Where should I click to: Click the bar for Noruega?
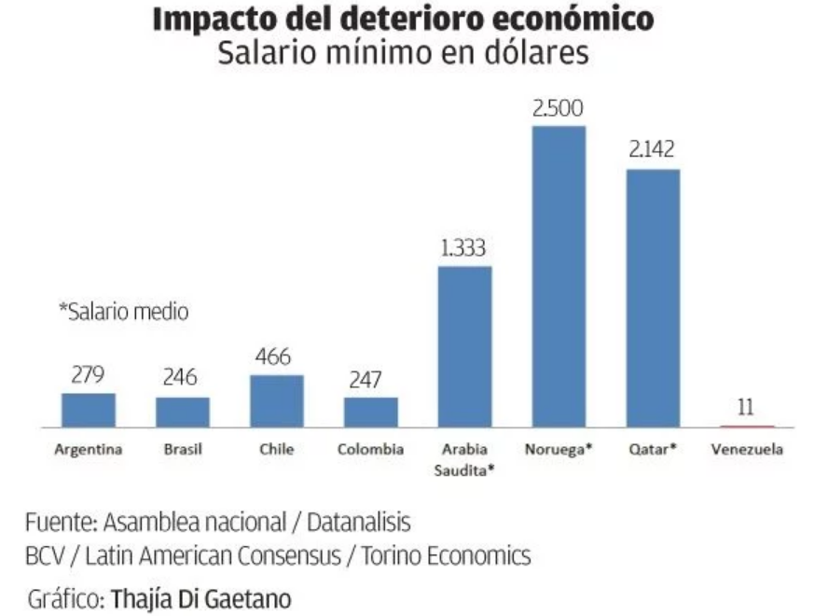559,276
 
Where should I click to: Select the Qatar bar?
653,298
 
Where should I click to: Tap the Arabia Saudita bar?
464,346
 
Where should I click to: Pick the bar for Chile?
277,400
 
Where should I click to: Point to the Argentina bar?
89,410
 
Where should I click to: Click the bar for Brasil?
183,412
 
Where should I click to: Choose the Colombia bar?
371,412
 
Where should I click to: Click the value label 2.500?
559,108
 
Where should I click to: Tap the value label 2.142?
652,150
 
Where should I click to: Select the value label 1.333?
464,248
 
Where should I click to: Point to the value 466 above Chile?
276,357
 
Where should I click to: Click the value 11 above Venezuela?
746,408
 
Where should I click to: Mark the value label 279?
89,375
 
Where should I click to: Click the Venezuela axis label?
747,450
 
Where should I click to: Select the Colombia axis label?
371,450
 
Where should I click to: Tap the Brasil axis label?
183,450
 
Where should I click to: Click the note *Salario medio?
123,313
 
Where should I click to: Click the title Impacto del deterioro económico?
403,19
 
